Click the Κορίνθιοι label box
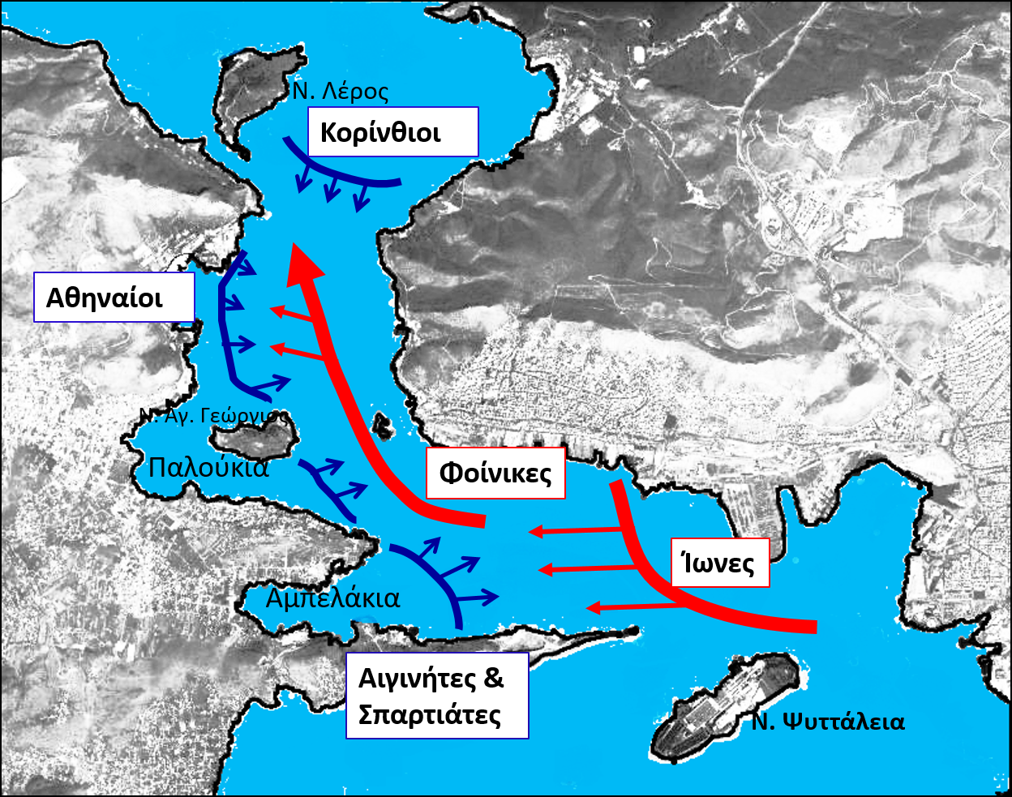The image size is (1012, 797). (394, 132)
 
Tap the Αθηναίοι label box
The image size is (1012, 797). (114, 297)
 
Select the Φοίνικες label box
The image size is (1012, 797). (495, 473)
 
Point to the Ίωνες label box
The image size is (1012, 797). (719, 562)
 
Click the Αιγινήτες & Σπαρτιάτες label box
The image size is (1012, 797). (436, 696)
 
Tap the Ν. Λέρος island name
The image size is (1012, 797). (341, 91)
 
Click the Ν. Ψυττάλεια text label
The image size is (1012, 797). (827, 722)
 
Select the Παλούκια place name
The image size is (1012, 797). (208, 468)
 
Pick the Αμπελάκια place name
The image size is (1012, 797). (332, 598)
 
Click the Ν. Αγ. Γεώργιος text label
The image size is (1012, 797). (213, 416)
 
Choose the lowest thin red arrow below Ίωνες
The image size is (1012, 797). (632, 605)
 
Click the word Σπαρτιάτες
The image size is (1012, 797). (430, 715)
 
